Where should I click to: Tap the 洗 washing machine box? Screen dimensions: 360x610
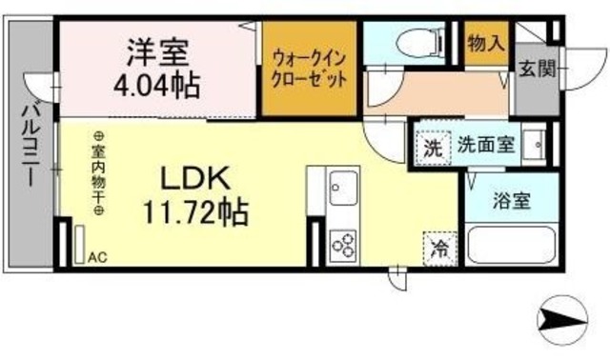coord(433,148)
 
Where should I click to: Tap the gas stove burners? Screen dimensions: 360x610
coord(343,245)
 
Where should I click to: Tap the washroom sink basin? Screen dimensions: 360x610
coord(536,146)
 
